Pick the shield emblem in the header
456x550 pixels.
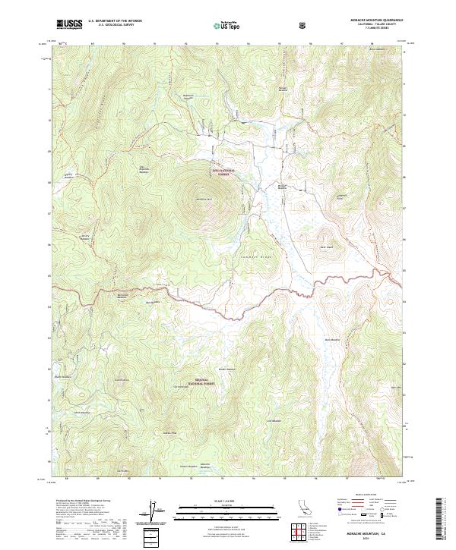303,24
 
